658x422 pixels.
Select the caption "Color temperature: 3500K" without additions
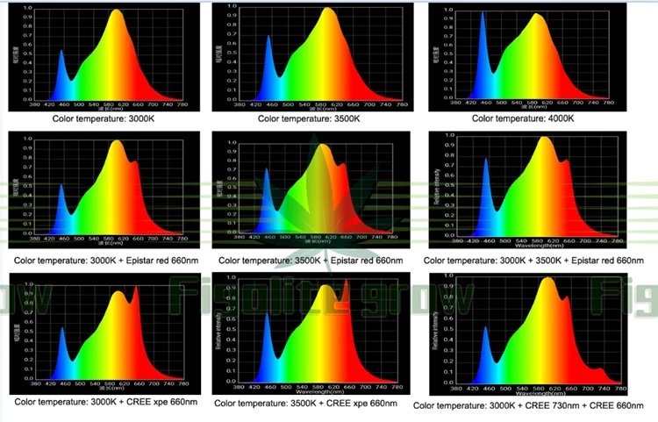click(312, 118)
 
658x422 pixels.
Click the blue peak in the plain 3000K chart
click(61, 53)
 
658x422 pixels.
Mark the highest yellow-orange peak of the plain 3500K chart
click(327, 11)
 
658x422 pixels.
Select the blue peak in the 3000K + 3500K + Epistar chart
click(486, 160)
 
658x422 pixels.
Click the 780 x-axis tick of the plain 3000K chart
click(182, 104)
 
